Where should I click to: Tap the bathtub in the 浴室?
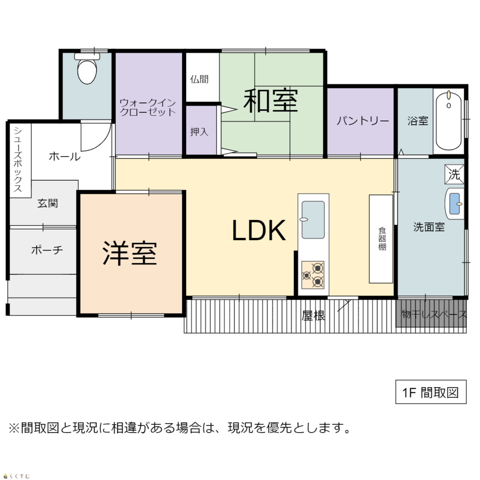(x=448, y=121)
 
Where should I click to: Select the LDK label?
(x=259, y=230)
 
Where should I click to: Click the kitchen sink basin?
(x=313, y=220)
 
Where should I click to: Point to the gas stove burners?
(x=313, y=275)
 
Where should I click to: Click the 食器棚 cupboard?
(x=381, y=239)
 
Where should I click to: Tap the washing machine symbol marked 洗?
(x=454, y=174)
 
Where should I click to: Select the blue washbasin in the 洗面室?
(x=454, y=204)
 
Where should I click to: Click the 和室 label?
(x=271, y=100)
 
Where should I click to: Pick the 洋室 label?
(x=130, y=253)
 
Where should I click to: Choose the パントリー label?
(x=363, y=121)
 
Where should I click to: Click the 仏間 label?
(x=199, y=79)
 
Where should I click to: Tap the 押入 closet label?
(x=199, y=132)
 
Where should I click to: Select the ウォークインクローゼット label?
(x=148, y=107)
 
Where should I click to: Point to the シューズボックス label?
(x=18, y=159)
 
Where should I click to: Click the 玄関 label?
(x=48, y=203)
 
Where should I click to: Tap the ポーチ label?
(x=47, y=250)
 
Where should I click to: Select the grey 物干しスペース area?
(x=431, y=313)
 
